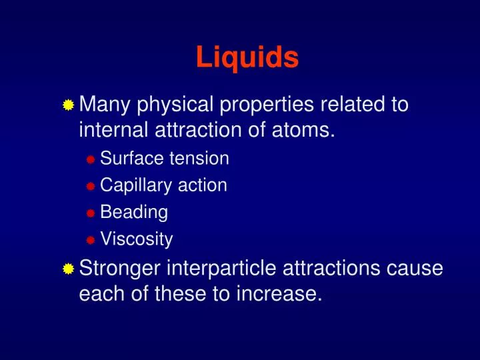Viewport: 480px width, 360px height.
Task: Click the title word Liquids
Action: pyautogui.click(x=247, y=58)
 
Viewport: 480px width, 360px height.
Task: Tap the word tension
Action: pyautogui.click(x=199, y=159)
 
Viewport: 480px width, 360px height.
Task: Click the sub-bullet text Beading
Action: pyautogui.click(x=134, y=213)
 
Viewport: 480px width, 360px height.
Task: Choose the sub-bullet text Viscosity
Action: pyautogui.click(x=136, y=239)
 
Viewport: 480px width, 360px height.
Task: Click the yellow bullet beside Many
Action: pyautogui.click(x=68, y=105)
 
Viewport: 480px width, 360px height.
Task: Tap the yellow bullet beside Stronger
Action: pyautogui.click(x=68, y=269)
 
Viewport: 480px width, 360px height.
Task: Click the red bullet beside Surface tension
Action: pyautogui.click(x=91, y=159)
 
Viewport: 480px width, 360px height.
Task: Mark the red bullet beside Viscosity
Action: pyautogui.click(x=91, y=239)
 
